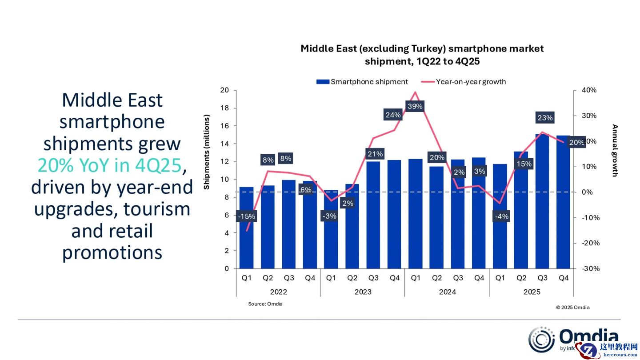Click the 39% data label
[415, 107]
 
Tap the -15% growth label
[246, 216]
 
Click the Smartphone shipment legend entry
[362, 82]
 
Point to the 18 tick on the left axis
[224, 108]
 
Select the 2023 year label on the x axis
[363, 292]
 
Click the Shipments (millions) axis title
[207, 152]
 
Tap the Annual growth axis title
[615, 150]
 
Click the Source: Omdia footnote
[265, 304]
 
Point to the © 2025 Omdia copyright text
[572, 307]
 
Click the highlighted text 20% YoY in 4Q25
[109, 165]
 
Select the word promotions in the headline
[112, 252]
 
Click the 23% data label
[545, 118]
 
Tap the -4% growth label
[502, 216]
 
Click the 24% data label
[393, 115]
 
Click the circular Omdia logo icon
[541, 340]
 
